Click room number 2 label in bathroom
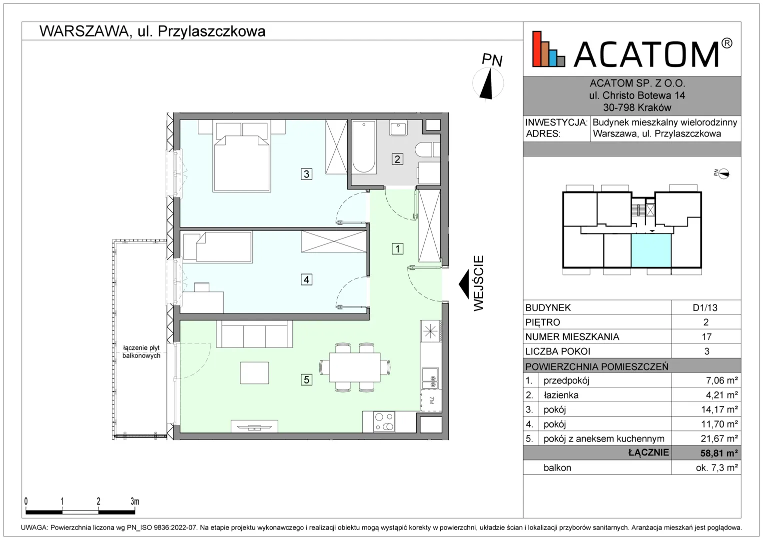pyautogui.click(x=397, y=159)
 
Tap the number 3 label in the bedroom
pyautogui.click(x=306, y=174)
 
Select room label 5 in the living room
pyautogui.click(x=306, y=379)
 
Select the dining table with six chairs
pyautogui.click(x=355, y=367)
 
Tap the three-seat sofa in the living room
pyautogui.click(x=254, y=334)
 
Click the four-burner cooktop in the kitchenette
pyautogui.click(x=384, y=421)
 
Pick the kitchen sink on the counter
pyautogui.click(x=430, y=378)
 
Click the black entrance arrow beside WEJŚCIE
pyautogui.click(x=464, y=283)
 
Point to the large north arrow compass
pyautogui.click(x=488, y=84)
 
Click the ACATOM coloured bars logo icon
pyautogui.click(x=549, y=49)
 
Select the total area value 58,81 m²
pyautogui.click(x=719, y=453)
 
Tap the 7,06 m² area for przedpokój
pyautogui.click(x=722, y=380)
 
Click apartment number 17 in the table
pyautogui.click(x=707, y=337)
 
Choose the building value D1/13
pyautogui.click(x=705, y=307)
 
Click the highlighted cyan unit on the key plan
pyautogui.click(x=651, y=250)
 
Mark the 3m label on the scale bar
pyautogui.click(x=135, y=501)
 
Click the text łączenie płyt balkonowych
pyautogui.click(x=141, y=352)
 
